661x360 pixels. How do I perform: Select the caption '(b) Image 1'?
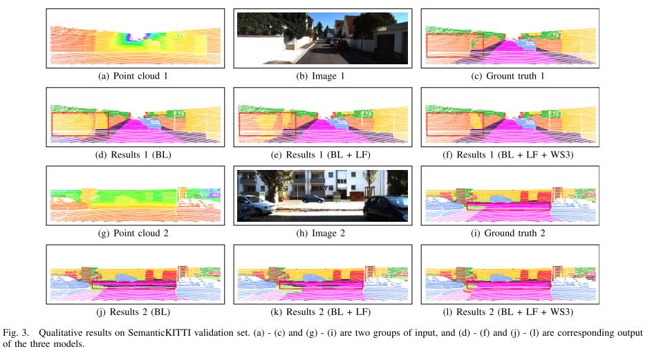click(320, 75)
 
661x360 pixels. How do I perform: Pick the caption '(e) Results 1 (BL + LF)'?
click(321, 154)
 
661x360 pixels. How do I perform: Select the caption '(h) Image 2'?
click(320, 233)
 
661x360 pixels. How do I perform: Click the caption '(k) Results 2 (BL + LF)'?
click(321, 312)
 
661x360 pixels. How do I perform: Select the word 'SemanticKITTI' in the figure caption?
click(153, 332)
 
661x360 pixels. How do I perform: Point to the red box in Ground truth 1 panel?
click(454, 45)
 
